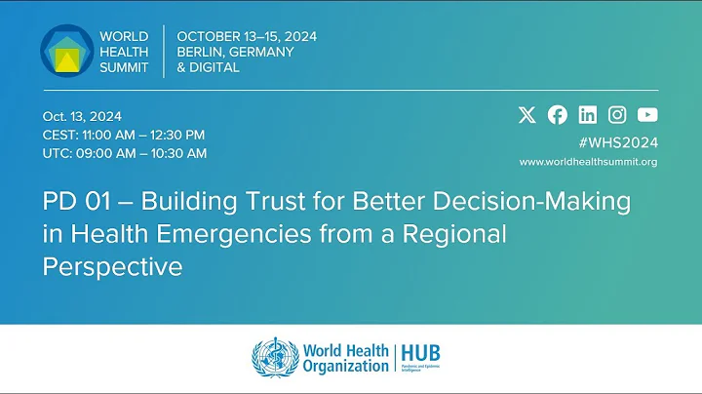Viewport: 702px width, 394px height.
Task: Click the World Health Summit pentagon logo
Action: [67, 51]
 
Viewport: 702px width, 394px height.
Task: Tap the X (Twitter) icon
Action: [527, 114]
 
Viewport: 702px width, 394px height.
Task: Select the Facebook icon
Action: [558, 114]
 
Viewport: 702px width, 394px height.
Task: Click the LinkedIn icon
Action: [588, 114]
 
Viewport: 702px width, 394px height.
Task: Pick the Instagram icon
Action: [617, 114]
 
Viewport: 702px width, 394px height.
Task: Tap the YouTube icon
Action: [647, 114]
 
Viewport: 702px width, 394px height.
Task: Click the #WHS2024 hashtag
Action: [618, 141]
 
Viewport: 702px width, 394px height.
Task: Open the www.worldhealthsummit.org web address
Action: [588, 162]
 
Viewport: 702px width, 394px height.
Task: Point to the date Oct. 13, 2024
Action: [82, 116]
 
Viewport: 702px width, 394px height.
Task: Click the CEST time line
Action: [123, 135]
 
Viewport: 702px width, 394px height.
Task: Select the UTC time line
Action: [124, 153]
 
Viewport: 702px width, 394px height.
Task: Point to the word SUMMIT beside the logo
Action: [124, 68]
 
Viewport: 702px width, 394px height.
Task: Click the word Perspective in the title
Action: [113, 266]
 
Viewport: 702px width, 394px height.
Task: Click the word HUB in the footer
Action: [423, 352]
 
